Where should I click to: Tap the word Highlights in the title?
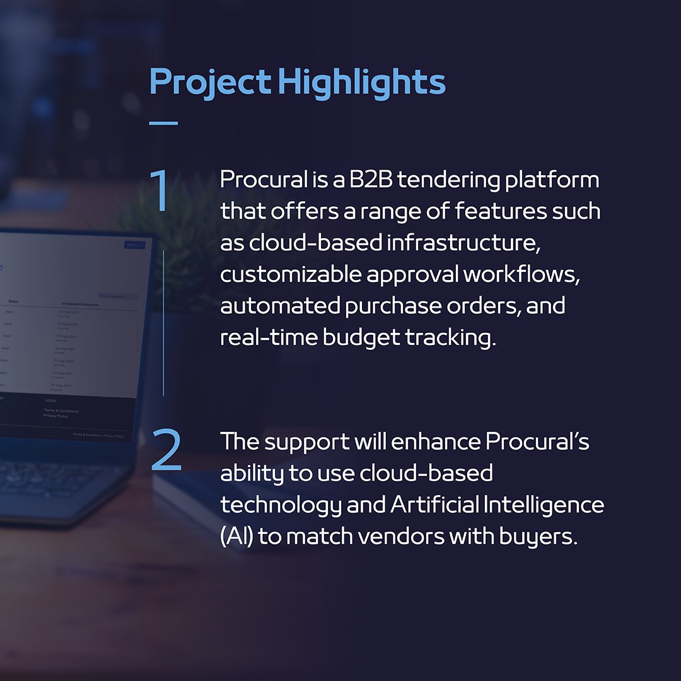(x=362, y=83)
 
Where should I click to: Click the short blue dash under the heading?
(x=163, y=123)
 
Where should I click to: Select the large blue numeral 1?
(x=160, y=190)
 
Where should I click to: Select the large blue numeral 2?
(x=166, y=452)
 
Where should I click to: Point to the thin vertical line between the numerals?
(x=163, y=322)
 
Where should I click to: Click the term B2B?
(x=366, y=180)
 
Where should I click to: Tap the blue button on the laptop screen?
(x=134, y=245)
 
